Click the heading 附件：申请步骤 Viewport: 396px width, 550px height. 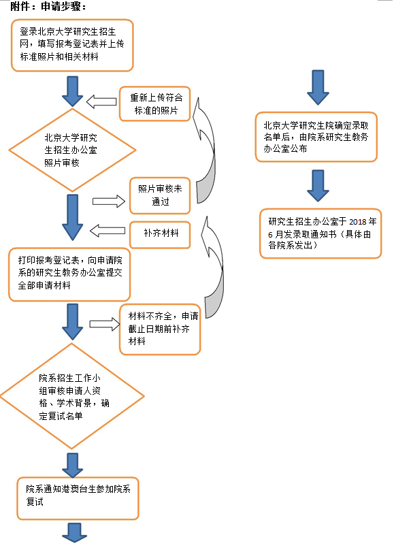point(48,5)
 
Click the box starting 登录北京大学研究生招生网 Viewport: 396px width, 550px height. point(72,45)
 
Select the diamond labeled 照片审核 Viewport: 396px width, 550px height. point(72,150)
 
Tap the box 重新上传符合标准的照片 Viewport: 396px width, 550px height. point(155,104)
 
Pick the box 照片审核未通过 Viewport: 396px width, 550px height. point(160,195)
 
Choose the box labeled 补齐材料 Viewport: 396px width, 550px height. point(160,234)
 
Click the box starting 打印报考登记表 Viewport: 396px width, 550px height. point(69,274)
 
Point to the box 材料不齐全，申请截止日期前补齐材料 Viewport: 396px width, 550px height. point(160,329)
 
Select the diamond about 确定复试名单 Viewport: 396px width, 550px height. point(72,396)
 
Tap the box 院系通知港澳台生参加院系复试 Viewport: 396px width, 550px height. point(78,498)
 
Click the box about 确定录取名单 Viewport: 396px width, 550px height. point(316,137)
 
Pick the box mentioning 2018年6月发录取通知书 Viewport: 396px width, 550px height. point(320,233)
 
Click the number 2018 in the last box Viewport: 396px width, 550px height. point(358,222)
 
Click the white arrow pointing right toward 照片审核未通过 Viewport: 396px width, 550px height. point(109,201)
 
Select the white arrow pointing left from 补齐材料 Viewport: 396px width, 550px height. point(108,231)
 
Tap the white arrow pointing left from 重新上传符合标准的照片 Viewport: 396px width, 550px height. point(101,101)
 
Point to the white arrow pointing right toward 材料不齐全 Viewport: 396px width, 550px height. point(105,324)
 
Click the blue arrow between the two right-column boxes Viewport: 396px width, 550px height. point(318,186)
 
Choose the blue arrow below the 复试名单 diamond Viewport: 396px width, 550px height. point(73,466)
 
